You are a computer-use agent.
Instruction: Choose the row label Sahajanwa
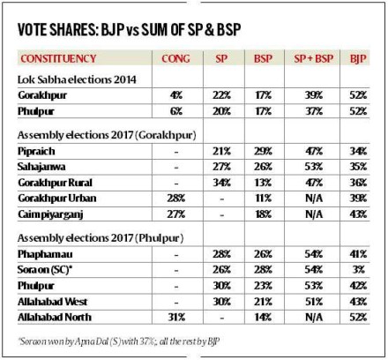(44, 166)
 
